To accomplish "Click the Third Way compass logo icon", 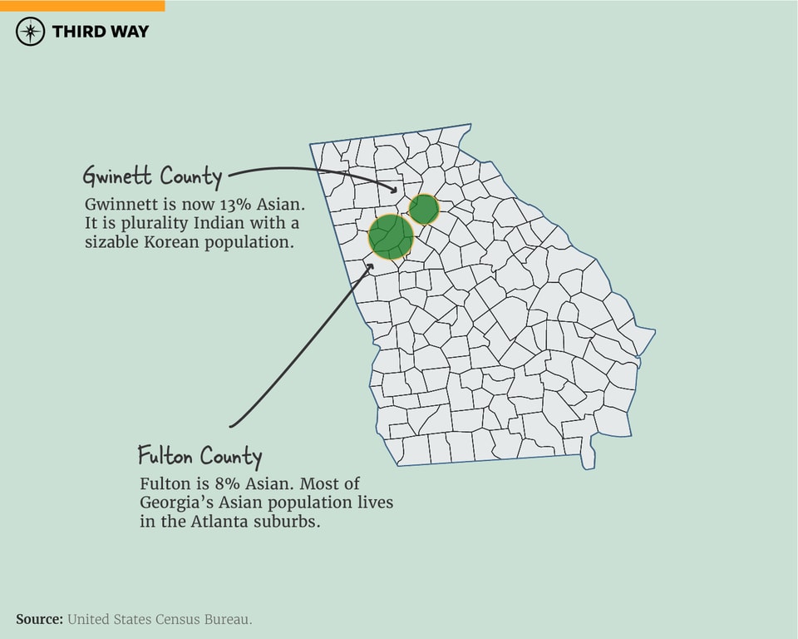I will pos(31,32).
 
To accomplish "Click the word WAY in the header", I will pos(130,32).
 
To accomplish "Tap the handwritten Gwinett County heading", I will pos(152,176).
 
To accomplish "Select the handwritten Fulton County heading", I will pos(199,456).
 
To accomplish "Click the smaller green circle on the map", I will pos(424,209).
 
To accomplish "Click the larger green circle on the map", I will pos(391,236).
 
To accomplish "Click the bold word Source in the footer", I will pos(39,619).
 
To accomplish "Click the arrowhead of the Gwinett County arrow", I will pos(393,189).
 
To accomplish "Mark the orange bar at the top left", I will pos(82,5).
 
